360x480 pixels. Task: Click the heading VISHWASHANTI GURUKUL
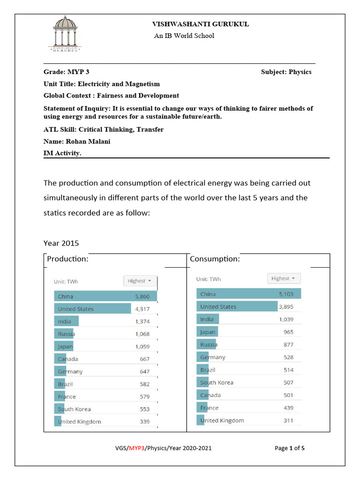(x=200, y=24)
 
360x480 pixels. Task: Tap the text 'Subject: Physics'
(x=286, y=72)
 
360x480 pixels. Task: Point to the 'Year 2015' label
(x=61, y=243)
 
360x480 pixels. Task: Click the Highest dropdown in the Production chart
(x=140, y=281)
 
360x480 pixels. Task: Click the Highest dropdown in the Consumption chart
(x=284, y=278)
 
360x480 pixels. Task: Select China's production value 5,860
(x=142, y=296)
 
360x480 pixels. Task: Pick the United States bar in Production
(x=93, y=309)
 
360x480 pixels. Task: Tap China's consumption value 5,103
(x=286, y=294)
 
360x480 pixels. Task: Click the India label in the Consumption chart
(x=207, y=319)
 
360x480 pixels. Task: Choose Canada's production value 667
(x=144, y=359)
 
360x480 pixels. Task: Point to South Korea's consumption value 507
(x=288, y=382)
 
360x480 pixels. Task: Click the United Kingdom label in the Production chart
(x=79, y=421)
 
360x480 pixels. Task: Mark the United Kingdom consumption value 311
(x=288, y=420)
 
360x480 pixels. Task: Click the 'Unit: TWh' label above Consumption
(x=208, y=279)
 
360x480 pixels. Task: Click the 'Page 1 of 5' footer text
(x=289, y=448)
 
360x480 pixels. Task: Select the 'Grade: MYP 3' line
(x=66, y=72)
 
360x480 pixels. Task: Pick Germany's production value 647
(x=144, y=372)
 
